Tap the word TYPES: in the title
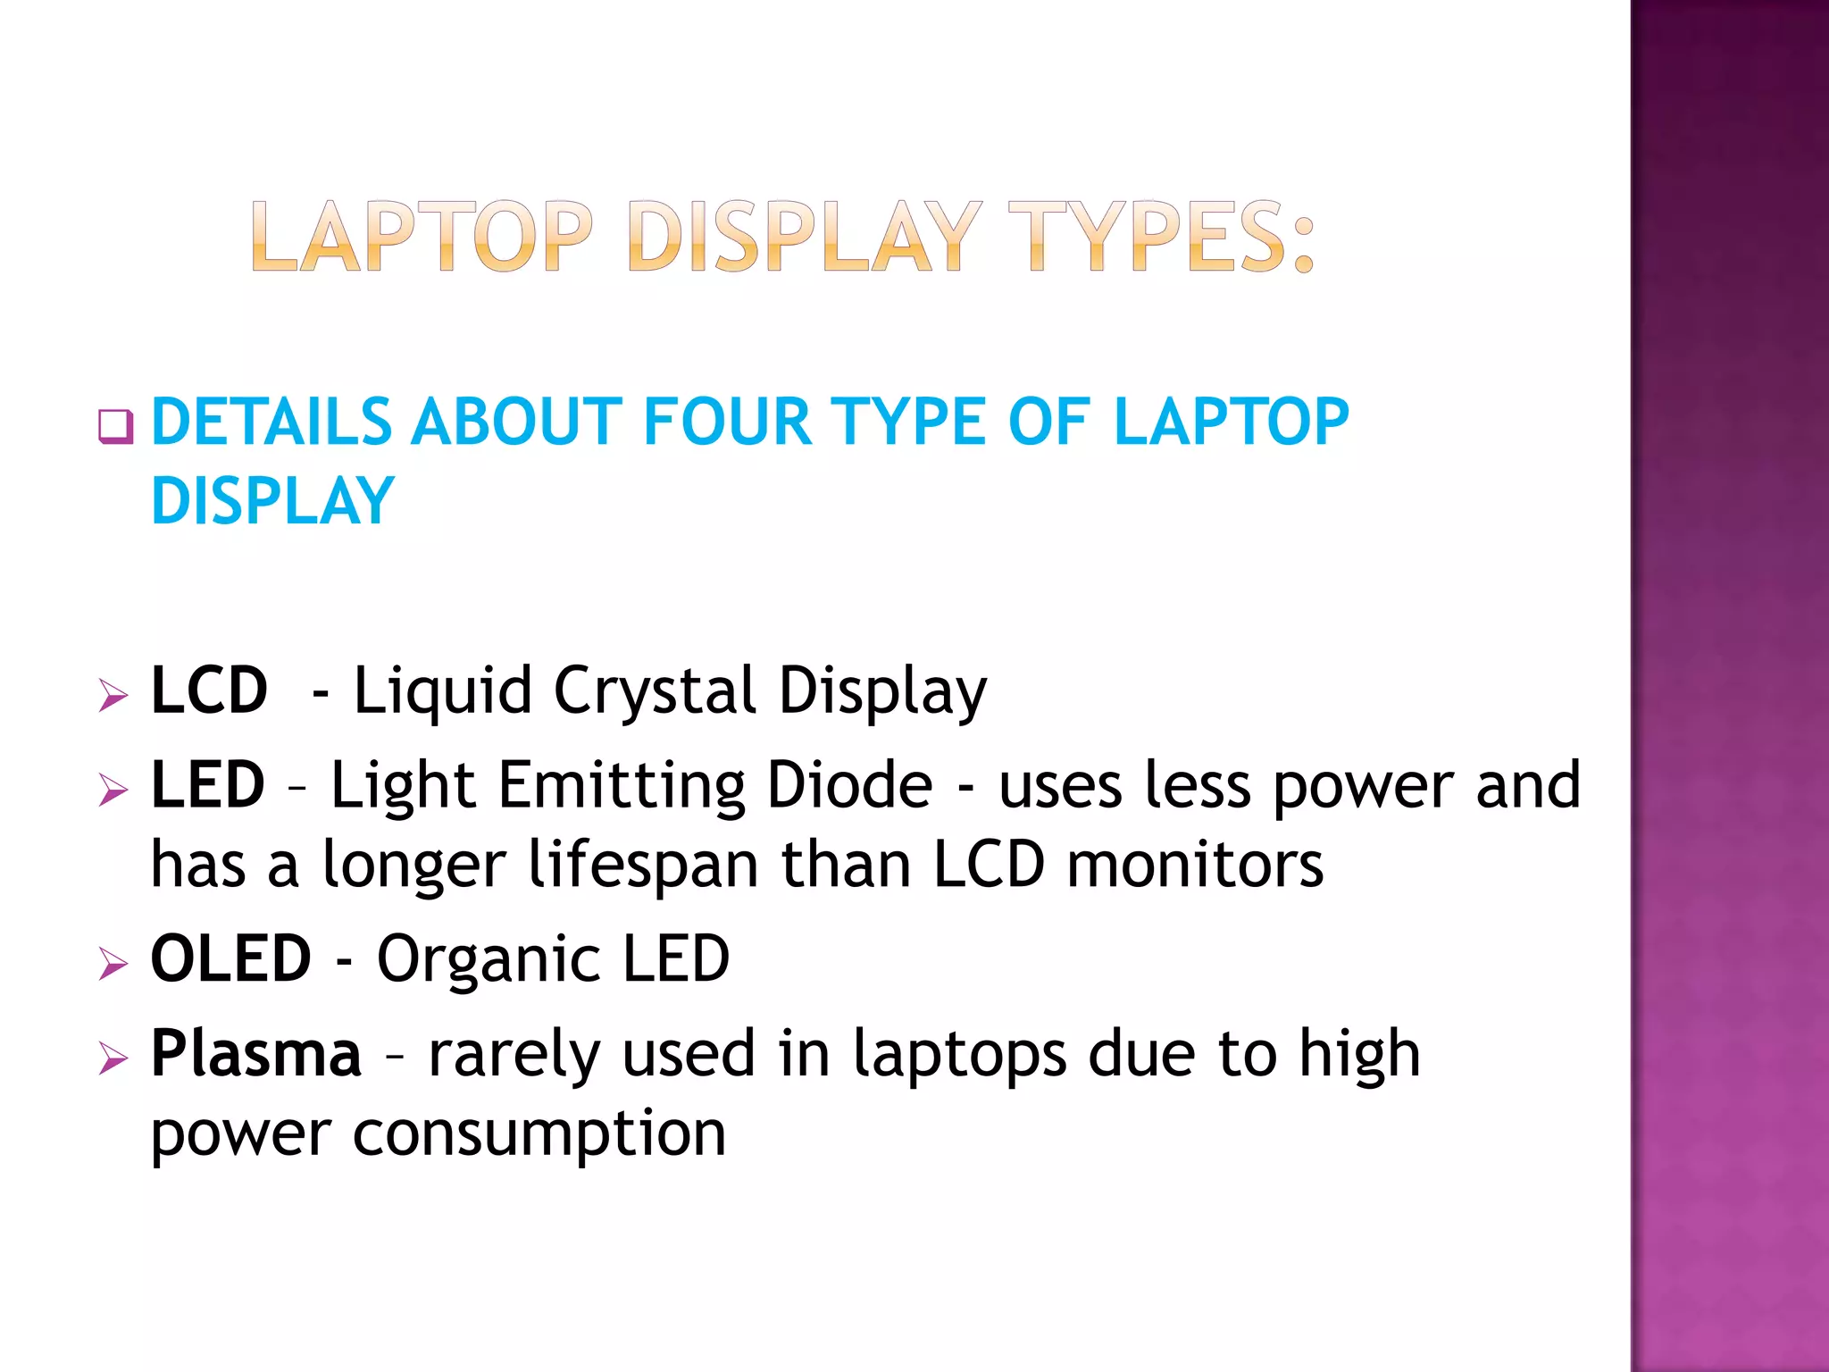[1161, 236]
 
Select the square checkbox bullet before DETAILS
[115, 426]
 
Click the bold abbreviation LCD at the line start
[209, 690]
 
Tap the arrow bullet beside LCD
[113, 694]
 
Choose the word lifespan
[643, 865]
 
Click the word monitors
[1195, 865]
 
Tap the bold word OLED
[230, 958]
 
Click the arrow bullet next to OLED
[113, 963]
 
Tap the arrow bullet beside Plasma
[113, 1058]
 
